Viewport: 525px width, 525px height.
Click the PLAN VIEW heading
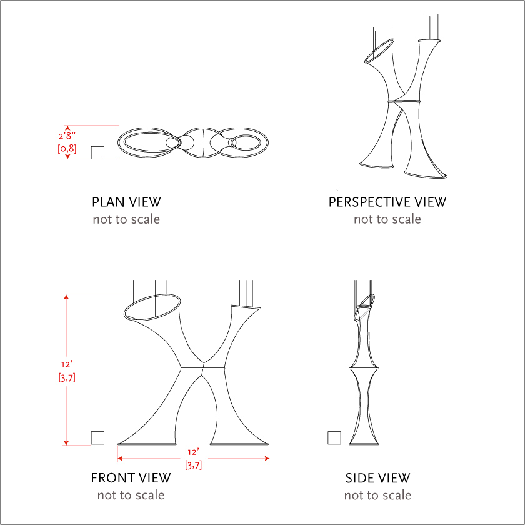click(x=126, y=202)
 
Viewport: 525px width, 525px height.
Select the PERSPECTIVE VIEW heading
click(x=387, y=202)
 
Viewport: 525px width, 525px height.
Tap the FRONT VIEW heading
click(x=131, y=477)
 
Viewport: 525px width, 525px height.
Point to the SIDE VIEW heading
click(x=377, y=477)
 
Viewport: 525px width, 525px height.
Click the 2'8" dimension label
click(x=67, y=135)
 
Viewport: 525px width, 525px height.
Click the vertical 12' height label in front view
click(x=67, y=364)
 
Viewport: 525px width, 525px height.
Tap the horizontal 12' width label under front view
click(x=194, y=452)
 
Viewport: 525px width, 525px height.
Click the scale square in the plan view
click(x=97, y=152)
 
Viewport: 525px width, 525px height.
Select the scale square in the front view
click(x=97, y=437)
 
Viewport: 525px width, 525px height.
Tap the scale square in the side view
click(x=334, y=437)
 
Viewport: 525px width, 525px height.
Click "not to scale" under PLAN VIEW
click(x=126, y=219)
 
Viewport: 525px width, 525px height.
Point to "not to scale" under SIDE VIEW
click(x=377, y=495)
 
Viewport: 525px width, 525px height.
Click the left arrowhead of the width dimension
click(x=120, y=458)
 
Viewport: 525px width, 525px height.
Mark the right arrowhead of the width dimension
click(x=267, y=458)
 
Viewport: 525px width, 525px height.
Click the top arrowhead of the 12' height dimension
click(x=66, y=297)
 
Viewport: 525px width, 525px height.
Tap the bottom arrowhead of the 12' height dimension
click(x=66, y=443)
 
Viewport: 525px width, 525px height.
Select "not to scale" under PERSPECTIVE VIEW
click(x=387, y=219)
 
